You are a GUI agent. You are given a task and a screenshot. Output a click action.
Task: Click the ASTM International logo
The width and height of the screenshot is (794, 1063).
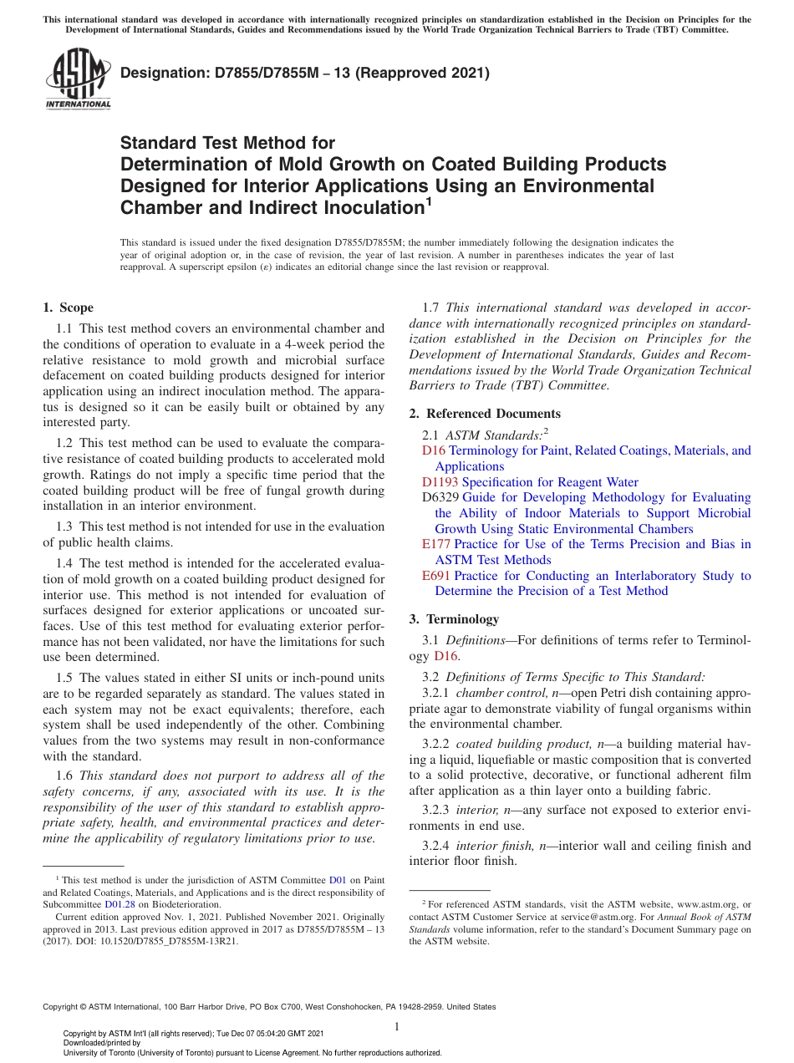point(78,80)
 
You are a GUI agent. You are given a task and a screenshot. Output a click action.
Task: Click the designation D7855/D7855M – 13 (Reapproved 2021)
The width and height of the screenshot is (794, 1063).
point(304,74)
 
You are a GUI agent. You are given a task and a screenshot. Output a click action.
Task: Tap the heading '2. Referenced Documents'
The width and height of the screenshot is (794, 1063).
point(485,414)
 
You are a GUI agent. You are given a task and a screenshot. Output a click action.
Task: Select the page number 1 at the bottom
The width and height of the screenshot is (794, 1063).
point(397,1026)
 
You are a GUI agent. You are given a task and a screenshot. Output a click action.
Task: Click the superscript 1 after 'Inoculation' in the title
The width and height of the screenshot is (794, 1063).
point(428,201)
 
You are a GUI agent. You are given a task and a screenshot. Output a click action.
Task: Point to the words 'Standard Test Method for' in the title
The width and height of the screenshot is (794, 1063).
point(227,143)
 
